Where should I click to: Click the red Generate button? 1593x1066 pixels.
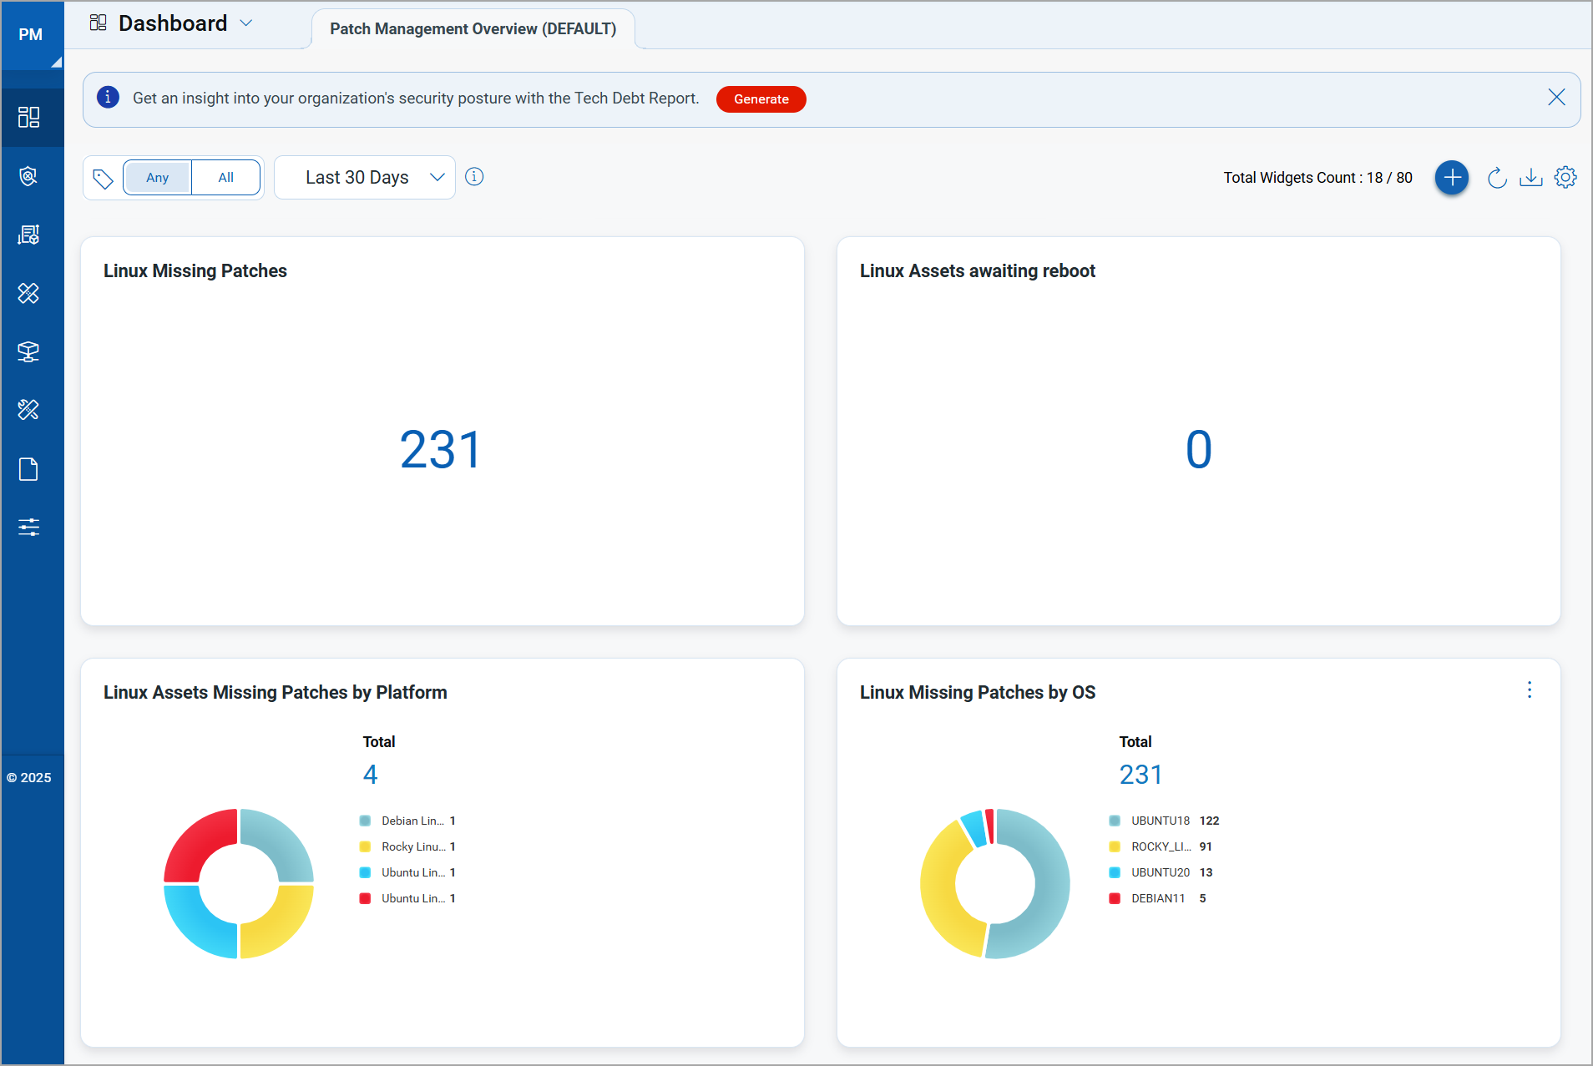point(761,99)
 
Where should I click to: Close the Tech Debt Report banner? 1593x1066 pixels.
point(1556,98)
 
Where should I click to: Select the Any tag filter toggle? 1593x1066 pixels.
point(158,178)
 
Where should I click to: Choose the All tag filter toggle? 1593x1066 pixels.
point(225,178)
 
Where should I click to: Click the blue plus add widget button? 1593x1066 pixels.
point(1452,178)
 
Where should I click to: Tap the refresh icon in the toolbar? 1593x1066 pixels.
point(1497,178)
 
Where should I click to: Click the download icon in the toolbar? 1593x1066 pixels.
point(1530,178)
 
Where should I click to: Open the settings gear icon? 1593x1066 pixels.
point(1565,178)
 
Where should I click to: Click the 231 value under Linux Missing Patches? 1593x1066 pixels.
point(441,450)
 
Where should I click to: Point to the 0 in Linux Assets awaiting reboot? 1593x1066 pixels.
point(1198,450)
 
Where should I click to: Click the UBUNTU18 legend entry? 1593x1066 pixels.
point(1160,821)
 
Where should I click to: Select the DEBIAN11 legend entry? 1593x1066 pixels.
point(1157,899)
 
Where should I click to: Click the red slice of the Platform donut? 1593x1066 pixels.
point(197,841)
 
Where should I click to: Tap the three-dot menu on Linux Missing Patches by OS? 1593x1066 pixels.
point(1530,690)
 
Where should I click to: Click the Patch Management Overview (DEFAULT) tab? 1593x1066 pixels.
point(473,29)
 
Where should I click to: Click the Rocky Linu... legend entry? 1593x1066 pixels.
point(412,847)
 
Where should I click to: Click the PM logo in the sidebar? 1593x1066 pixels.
point(31,35)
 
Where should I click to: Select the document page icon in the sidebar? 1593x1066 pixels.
point(28,470)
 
